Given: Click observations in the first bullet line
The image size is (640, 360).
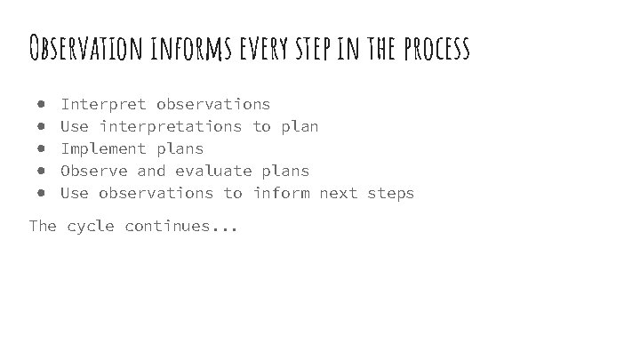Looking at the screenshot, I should coord(213,105).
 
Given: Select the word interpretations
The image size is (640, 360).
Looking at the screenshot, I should coord(170,127).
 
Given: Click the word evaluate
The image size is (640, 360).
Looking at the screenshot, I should coord(213,171).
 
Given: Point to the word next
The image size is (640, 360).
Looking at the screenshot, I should coord(338,193).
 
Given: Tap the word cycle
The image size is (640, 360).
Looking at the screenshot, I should coord(91,227).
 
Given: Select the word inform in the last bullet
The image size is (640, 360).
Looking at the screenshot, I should coord(281,193).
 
